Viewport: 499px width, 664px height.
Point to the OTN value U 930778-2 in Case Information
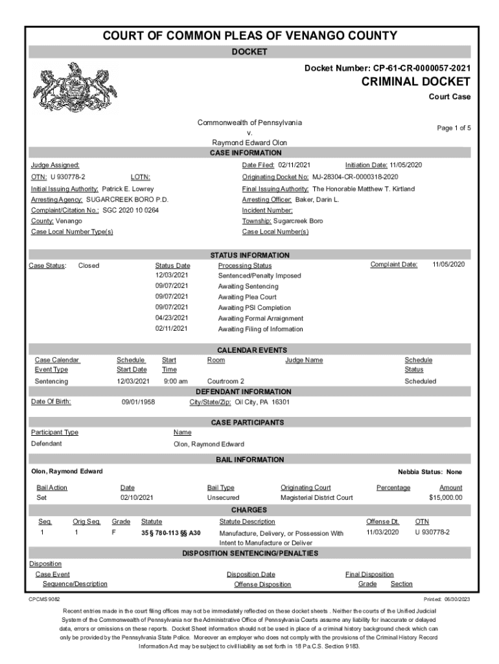(x=67, y=176)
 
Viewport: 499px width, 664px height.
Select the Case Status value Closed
(x=89, y=265)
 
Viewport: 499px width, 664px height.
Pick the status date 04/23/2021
(x=171, y=318)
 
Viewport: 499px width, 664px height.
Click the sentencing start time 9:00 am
(x=176, y=381)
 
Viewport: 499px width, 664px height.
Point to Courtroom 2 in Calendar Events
(x=226, y=381)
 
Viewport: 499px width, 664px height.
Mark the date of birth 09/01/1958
(x=139, y=402)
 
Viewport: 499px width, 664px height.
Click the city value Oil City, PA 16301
(x=262, y=402)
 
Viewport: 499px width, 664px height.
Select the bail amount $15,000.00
(x=445, y=498)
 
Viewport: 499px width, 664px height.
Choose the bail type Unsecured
(x=223, y=498)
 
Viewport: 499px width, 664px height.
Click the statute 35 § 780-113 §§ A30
(x=171, y=532)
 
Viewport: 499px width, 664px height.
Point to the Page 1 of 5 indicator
(x=454, y=128)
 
